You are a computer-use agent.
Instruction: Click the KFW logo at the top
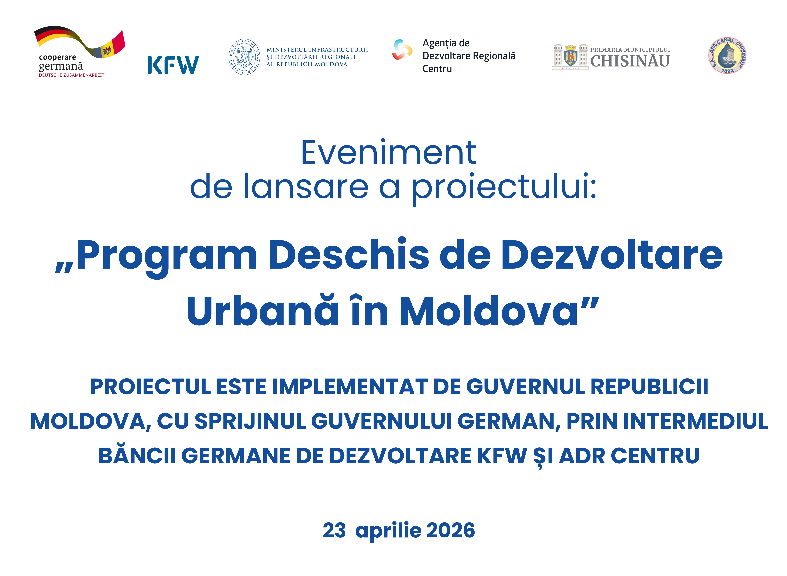(x=173, y=65)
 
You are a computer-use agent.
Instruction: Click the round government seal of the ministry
(x=244, y=57)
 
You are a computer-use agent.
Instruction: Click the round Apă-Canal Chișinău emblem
(x=727, y=55)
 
